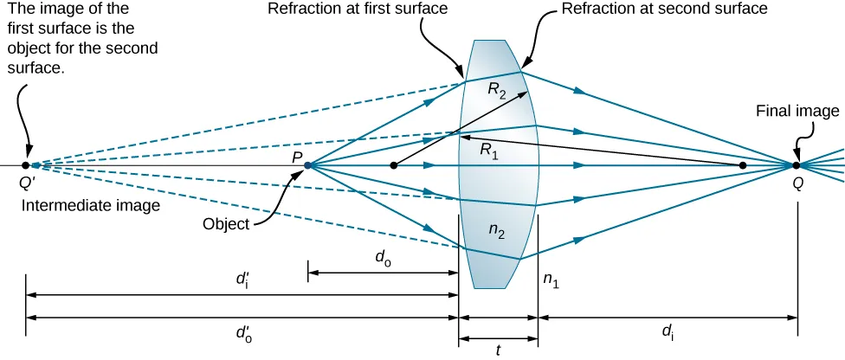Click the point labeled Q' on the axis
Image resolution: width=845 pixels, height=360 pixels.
point(26,164)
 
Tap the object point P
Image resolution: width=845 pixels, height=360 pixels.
point(307,164)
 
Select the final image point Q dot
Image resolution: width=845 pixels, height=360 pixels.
point(796,164)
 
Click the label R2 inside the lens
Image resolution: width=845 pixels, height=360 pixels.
point(496,92)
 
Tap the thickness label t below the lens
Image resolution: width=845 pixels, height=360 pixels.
point(499,350)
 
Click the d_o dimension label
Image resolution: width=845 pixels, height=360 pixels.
point(381,257)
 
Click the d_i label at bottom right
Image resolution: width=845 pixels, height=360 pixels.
point(668,331)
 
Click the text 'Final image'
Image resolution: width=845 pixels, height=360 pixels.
point(797,111)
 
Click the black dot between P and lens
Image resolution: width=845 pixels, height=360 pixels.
point(394,164)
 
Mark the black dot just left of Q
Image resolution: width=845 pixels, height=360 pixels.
point(742,164)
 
